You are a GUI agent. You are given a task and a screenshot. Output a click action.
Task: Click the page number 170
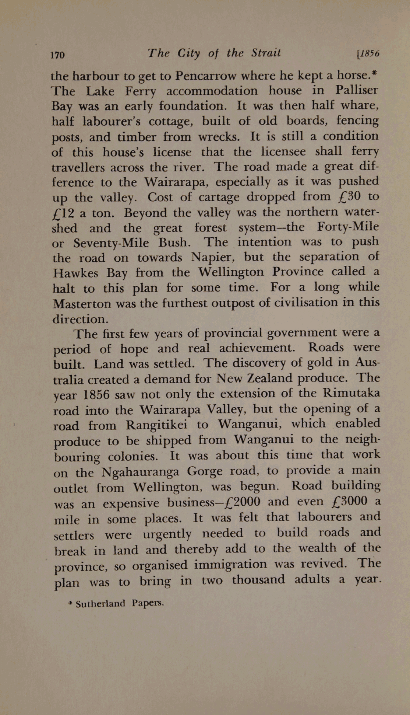(58, 55)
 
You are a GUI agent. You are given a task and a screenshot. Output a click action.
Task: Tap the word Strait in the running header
(266, 53)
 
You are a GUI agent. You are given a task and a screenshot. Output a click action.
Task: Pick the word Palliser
(357, 90)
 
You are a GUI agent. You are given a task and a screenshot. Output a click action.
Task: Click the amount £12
(64, 213)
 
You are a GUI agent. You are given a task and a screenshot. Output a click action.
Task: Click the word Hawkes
(76, 273)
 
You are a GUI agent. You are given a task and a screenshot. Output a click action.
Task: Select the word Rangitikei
(157, 425)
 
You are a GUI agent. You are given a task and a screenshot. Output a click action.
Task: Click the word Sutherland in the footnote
(100, 604)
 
